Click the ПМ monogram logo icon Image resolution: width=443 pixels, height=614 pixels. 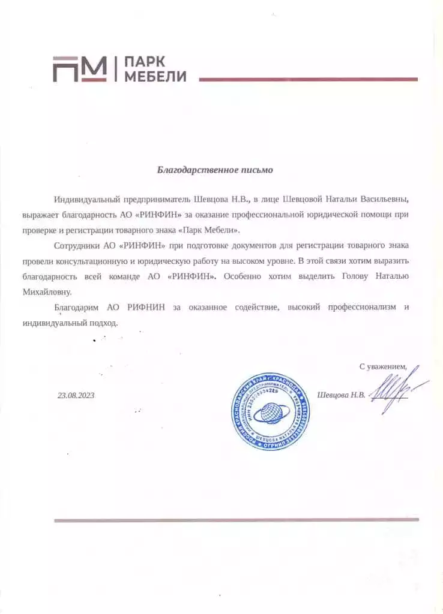[79, 69]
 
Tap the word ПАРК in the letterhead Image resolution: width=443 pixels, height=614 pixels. [143, 62]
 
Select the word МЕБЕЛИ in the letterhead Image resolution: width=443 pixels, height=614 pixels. [155, 76]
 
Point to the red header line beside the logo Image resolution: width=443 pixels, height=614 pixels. [308, 79]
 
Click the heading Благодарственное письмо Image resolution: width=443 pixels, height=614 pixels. [215, 170]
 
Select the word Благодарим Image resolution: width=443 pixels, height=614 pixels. [78, 308]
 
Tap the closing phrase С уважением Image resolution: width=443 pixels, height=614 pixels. [382, 366]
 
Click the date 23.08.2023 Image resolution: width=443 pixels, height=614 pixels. [76, 395]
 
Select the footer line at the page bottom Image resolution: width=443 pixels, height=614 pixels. [236, 520]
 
